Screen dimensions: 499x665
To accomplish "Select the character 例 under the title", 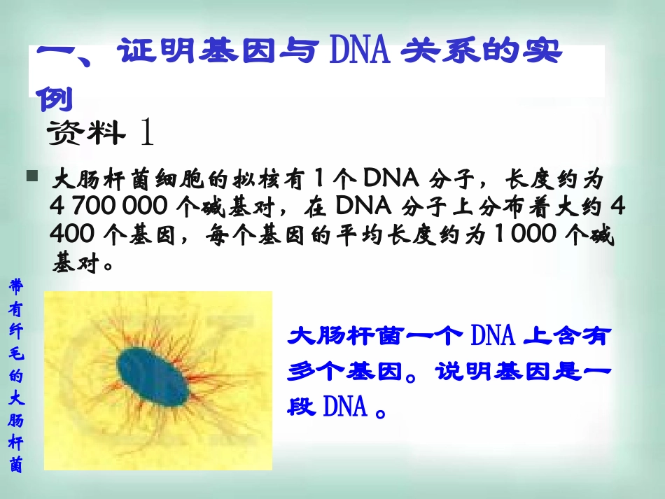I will pyautogui.click(x=54, y=99).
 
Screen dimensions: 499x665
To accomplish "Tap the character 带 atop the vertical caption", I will pyautogui.click(x=16, y=286).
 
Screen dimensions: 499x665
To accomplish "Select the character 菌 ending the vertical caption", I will pyautogui.click(x=16, y=464).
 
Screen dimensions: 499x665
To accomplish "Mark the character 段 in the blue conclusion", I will pyautogui.click(x=302, y=407).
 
